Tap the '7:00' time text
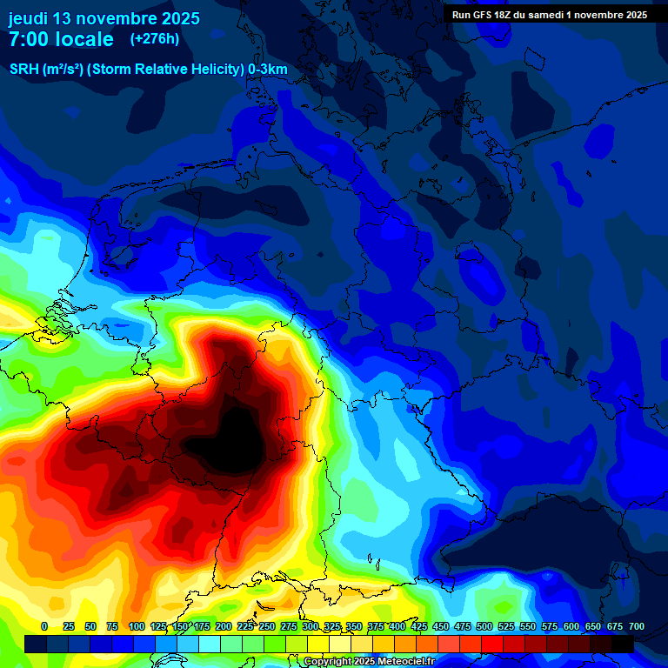[x=31, y=39]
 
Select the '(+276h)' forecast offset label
[x=155, y=39]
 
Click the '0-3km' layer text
[x=268, y=70]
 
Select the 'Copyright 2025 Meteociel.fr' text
[x=369, y=662]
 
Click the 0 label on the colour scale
[x=44, y=626]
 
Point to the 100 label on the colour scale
[x=136, y=626]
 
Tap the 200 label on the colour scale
[x=224, y=626]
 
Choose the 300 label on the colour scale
[x=311, y=626]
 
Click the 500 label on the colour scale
[x=484, y=626]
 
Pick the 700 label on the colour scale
[x=636, y=626]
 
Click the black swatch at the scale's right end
[x=623, y=644]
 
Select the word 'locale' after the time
[x=86, y=39]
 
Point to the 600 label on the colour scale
[x=571, y=626]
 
